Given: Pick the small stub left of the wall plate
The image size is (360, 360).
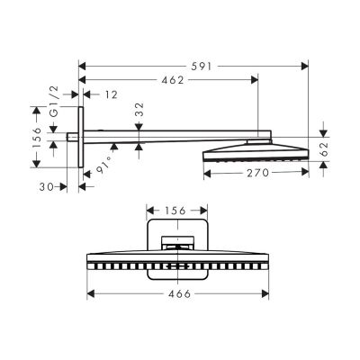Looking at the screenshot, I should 73,136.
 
